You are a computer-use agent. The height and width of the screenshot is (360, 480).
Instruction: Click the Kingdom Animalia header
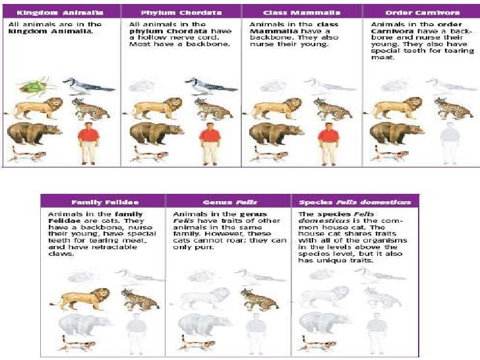(x=61, y=13)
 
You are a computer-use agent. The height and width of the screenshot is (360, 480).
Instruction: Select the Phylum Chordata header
(x=181, y=13)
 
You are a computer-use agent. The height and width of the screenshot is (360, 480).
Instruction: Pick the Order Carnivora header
(x=420, y=13)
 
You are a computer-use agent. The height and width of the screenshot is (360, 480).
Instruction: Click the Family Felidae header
(x=104, y=202)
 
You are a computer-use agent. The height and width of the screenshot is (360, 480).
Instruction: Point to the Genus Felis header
(x=228, y=202)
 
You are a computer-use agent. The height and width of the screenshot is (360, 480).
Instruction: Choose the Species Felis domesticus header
(x=355, y=202)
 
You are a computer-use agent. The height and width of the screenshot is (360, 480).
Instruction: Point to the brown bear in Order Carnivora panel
(x=396, y=133)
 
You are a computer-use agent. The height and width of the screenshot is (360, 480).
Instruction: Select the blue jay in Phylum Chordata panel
(x=208, y=85)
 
